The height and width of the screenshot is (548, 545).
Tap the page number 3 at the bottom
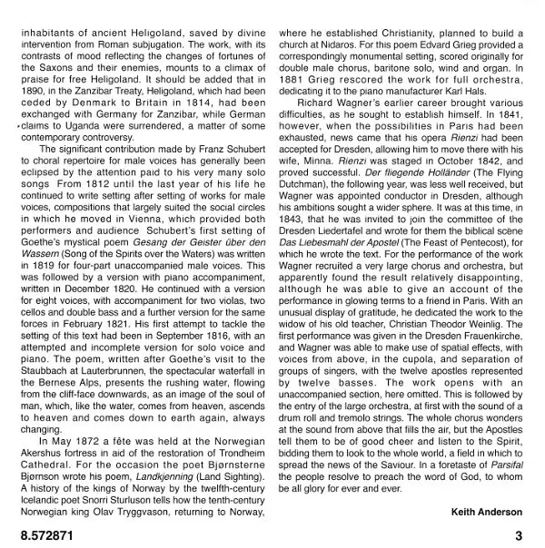pos(518,535)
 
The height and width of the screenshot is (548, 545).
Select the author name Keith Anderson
pos(487,511)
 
